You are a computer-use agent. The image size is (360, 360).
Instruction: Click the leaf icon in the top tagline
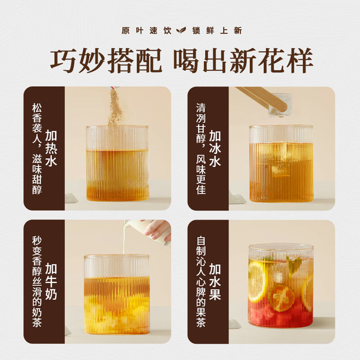pos(181,30)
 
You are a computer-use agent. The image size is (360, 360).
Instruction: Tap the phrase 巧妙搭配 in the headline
pos(106,60)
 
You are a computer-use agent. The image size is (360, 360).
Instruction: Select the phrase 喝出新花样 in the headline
pos(243,60)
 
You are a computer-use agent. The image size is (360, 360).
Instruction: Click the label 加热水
pos(51,148)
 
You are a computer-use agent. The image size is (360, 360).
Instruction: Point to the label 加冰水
pos(215,148)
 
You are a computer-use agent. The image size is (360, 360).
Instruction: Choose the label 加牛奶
pos(51,281)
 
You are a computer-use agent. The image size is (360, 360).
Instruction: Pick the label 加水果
pos(215,281)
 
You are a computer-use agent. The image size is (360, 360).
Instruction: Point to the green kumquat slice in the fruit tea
pos(281,298)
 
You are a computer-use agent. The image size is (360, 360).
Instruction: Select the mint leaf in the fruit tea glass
pos(294,264)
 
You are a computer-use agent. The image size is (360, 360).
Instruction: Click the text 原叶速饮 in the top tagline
pos(146,30)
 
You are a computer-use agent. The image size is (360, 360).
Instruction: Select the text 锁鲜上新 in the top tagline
pos(217,30)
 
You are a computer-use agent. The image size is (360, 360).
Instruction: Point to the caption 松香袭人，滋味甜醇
pos(37,148)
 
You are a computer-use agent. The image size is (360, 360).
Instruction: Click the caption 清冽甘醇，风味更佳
pos(201,148)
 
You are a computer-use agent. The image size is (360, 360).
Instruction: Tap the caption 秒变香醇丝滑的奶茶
pos(37,281)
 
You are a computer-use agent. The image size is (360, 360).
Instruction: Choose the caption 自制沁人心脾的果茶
pos(201,281)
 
